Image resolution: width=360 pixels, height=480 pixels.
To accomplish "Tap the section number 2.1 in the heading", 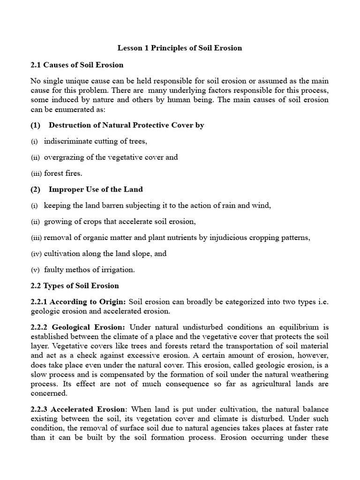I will (x=36, y=64).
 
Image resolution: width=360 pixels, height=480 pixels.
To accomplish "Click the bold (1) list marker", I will (x=36, y=125).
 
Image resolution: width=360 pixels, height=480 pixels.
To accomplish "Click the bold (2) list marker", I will (x=36, y=189).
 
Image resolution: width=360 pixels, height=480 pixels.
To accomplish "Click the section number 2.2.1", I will (x=38, y=302).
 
